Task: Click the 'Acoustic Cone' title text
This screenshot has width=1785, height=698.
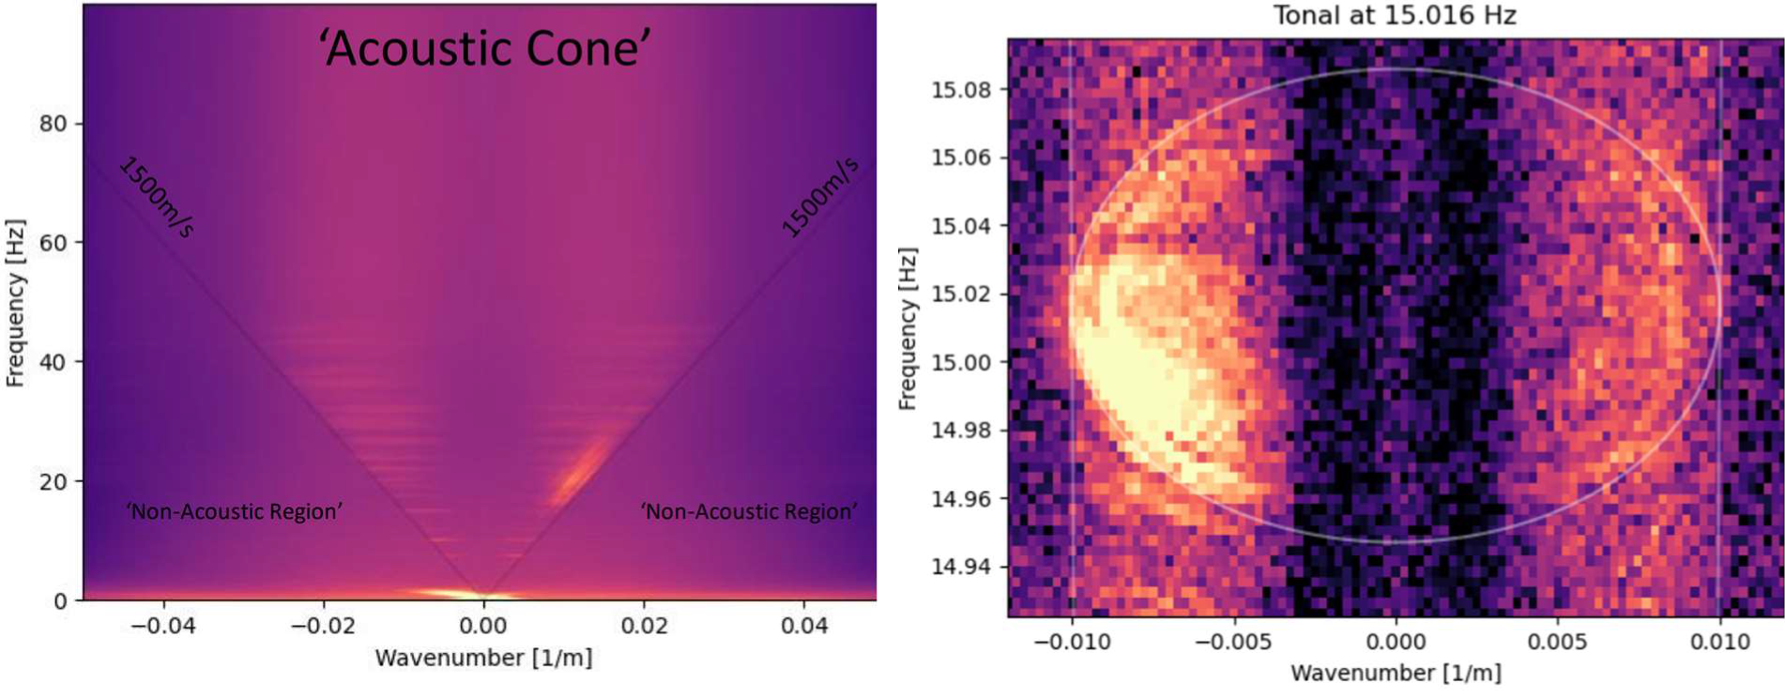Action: point(484,48)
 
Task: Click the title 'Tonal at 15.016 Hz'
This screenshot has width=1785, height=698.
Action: point(1394,16)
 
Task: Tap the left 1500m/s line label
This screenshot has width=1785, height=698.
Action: point(156,197)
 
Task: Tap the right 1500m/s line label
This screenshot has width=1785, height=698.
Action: point(819,197)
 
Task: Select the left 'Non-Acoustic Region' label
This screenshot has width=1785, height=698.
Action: point(234,511)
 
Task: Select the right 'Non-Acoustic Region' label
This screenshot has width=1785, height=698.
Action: point(748,511)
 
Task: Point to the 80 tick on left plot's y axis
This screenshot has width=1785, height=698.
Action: point(53,124)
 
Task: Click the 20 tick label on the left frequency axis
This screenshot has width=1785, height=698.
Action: point(53,481)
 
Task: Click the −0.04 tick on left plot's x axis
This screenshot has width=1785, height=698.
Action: point(162,625)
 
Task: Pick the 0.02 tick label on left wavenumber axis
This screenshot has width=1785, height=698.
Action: point(644,625)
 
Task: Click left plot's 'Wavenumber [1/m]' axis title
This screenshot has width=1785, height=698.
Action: point(483,658)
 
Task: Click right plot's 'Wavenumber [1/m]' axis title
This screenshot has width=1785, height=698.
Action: point(1395,673)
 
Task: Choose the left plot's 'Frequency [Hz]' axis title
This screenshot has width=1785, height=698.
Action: point(15,303)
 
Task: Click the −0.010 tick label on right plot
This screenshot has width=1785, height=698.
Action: point(1072,642)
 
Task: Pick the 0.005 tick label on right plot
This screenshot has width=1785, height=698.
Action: point(1558,642)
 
